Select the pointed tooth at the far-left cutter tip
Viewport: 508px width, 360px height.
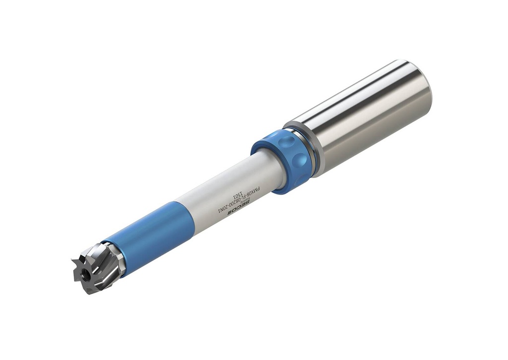pos(74,260)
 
